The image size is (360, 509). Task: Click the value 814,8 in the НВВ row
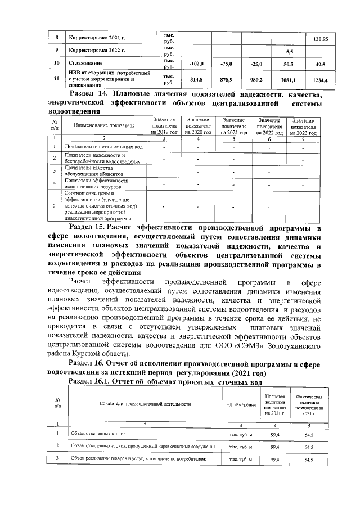pyautogui.click(x=196, y=80)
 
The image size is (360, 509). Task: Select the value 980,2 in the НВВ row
pyautogui.click(x=256, y=80)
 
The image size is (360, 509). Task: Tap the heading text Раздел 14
pyautogui.click(x=89, y=93)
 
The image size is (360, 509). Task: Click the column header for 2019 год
pyautogui.click(x=164, y=126)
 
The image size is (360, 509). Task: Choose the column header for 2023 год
pyautogui.click(x=304, y=126)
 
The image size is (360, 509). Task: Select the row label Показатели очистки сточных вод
pyautogui.click(x=96, y=147)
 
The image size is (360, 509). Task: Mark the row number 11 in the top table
pyautogui.click(x=56, y=80)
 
